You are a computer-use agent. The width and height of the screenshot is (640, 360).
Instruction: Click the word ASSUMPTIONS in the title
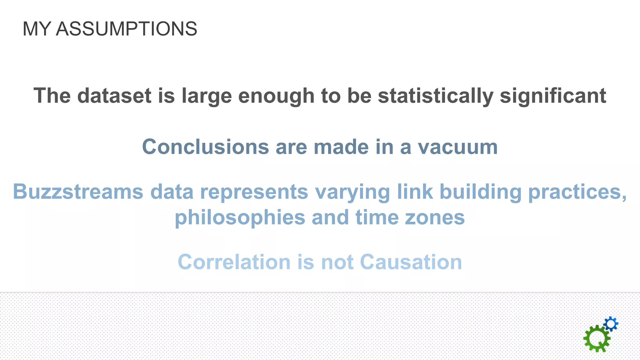[126, 29]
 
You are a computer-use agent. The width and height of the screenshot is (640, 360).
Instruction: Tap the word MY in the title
[37, 29]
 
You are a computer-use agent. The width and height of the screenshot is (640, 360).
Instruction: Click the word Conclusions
[205, 147]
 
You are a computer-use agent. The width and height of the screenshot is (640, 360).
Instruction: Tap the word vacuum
[458, 147]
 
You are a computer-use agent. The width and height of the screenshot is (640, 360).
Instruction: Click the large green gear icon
[596, 339]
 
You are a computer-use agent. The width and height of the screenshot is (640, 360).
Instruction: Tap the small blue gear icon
[611, 324]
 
